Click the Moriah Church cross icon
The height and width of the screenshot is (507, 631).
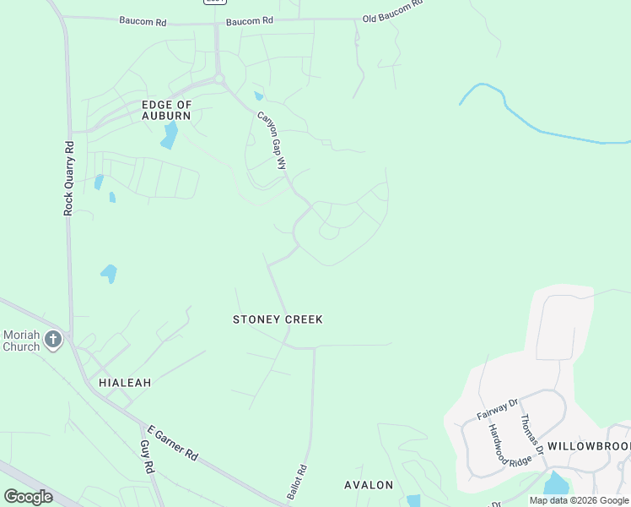pyautogui.click(x=53, y=340)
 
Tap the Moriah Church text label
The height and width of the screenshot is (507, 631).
pyautogui.click(x=21, y=341)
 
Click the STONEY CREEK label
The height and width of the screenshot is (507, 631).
pyautogui.click(x=278, y=319)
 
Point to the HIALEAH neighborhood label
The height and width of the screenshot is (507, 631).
pyautogui.click(x=125, y=383)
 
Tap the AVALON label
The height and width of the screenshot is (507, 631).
pyautogui.click(x=369, y=485)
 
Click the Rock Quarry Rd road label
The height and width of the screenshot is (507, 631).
pyautogui.click(x=69, y=177)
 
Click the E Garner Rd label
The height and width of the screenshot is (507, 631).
pyautogui.click(x=172, y=442)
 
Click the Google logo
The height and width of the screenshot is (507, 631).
pyautogui.click(x=28, y=496)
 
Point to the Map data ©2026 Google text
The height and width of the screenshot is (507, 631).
pyautogui.click(x=580, y=500)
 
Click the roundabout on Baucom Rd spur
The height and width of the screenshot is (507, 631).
pyautogui.click(x=220, y=79)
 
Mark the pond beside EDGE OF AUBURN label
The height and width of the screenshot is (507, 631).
pyautogui.click(x=170, y=135)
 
